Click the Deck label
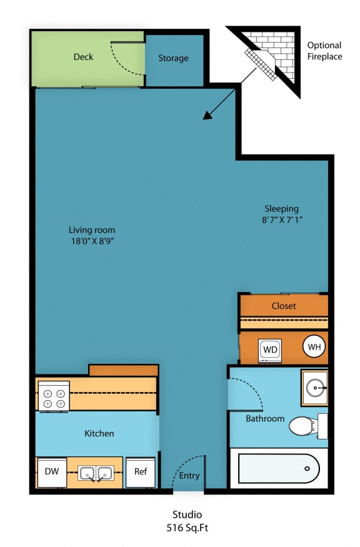click(x=83, y=57)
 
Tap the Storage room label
click(x=173, y=58)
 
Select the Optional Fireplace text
click(x=324, y=51)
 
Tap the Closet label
click(x=283, y=306)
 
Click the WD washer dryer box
click(x=270, y=349)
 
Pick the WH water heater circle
click(x=314, y=346)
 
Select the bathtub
click(x=278, y=468)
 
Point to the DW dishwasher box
click(x=51, y=472)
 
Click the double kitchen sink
click(x=96, y=473)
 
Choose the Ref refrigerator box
click(x=141, y=472)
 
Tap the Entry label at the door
click(x=189, y=476)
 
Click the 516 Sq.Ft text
click(x=187, y=527)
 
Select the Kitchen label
click(x=99, y=433)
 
